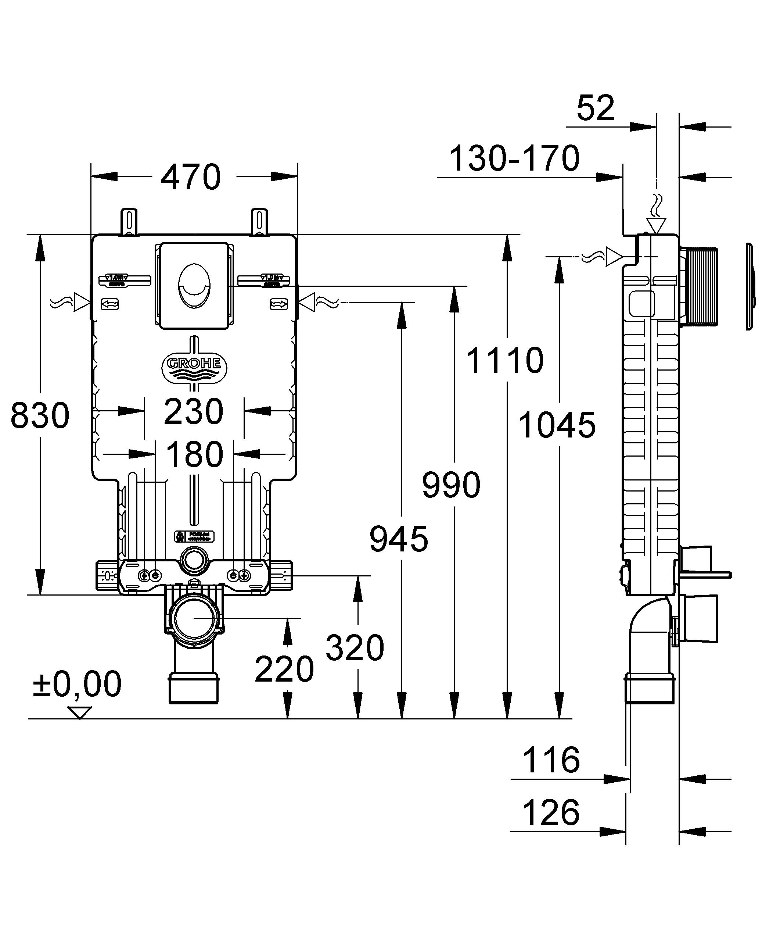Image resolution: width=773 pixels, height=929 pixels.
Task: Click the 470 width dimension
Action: [191, 177]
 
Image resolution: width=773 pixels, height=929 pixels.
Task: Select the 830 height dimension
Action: [40, 415]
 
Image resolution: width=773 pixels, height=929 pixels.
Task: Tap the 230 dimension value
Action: [194, 412]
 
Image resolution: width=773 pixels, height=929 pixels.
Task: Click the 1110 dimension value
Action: [504, 361]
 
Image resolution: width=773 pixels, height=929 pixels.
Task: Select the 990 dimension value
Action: [451, 485]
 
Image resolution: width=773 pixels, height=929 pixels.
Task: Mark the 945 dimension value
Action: [399, 539]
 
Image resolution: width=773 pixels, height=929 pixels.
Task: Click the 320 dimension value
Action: [355, 648]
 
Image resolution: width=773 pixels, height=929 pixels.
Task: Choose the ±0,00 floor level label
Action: [77, 684]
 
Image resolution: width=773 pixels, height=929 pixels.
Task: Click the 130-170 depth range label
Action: [514, 158]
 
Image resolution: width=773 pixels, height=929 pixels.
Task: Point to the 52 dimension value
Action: [596, 108]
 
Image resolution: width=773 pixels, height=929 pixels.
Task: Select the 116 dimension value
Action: [551, 760]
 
